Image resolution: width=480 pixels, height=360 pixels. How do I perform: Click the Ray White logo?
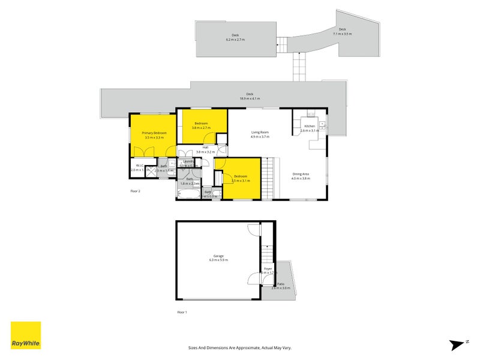26,335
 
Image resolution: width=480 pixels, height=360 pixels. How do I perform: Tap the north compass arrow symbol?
459,344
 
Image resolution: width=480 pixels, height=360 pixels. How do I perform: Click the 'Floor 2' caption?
135,191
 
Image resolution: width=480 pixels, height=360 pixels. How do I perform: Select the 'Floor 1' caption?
182,312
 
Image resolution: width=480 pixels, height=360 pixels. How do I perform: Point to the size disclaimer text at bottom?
240,347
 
